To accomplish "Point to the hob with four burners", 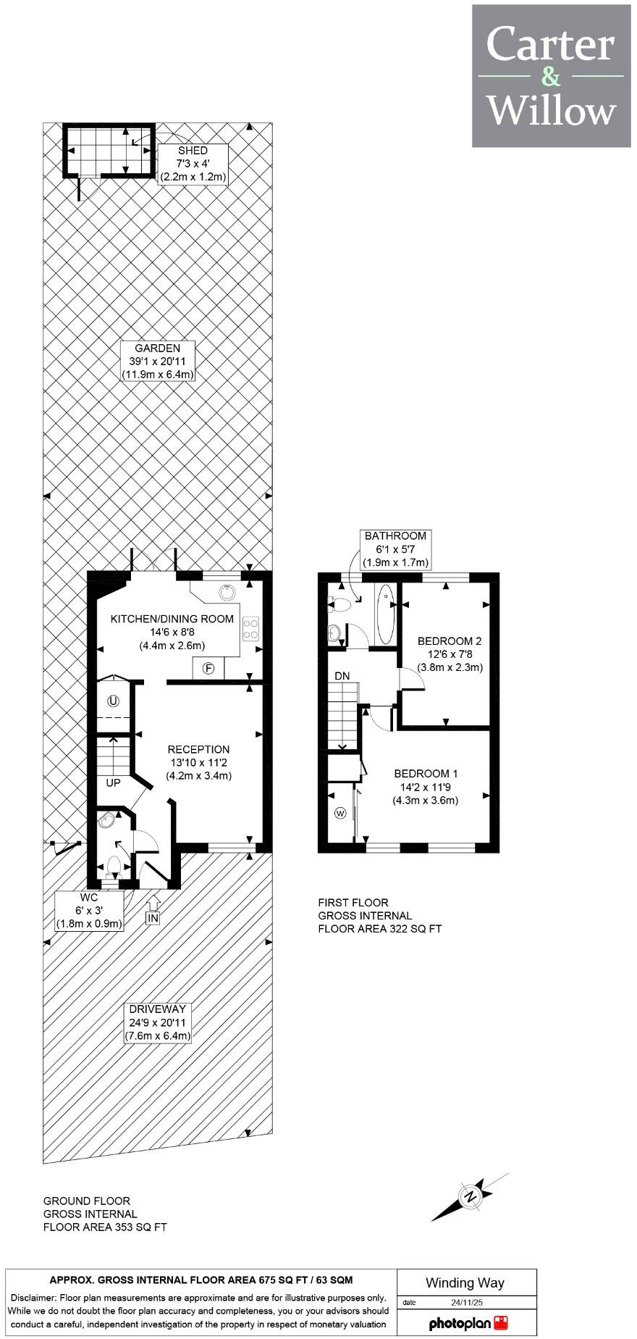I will click(x=250, y=627).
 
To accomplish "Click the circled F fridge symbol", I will click(x=208, y=668).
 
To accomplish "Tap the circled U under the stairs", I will click(x=113, y=701).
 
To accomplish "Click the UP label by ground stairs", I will click(x=113, y=783).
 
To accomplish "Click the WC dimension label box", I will click(x=90, y=910).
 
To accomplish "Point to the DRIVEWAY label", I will click(x=157, y=1022).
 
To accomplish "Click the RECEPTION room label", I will click(x=198, y=762).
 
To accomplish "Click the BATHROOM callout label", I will click(x=395, y=549).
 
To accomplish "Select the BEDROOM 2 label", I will click(x=450, y=654).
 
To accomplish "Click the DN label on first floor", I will click(x=342, y=676).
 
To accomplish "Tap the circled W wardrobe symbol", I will click(x=340, y=814).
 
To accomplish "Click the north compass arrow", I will click(x=471, y=1196).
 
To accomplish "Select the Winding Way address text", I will click(x=465, y=1282).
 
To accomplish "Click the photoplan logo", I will click(x=467, y=1323).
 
